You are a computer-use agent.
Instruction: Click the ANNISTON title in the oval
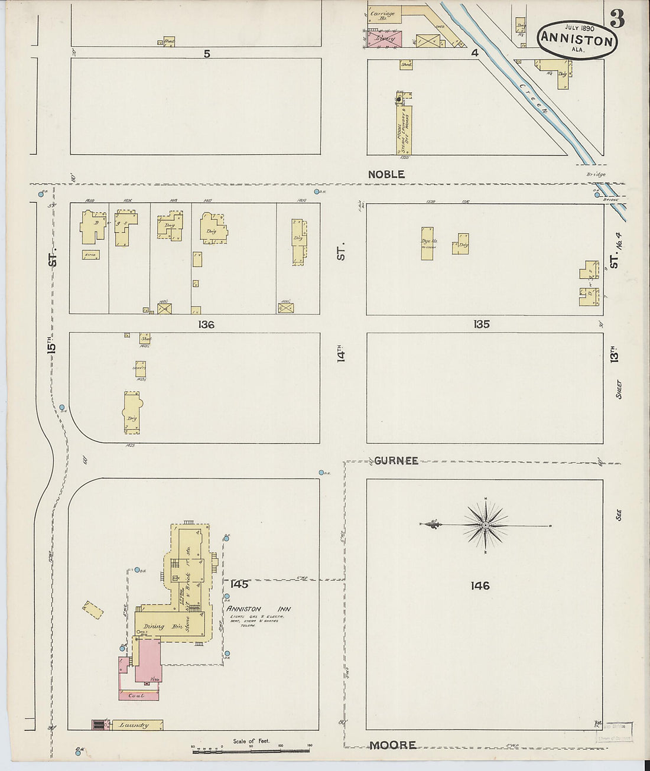click(577, 40)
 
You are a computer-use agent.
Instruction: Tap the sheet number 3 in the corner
click(617, 19)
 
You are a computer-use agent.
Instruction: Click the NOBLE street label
click(386, 174)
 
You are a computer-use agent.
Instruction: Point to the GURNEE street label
click(395, 460)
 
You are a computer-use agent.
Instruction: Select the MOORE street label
click(393, 745)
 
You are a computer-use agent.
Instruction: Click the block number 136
click(206, 324)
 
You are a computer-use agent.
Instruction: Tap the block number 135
click(481, 324)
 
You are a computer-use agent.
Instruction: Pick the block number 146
click(480, 585)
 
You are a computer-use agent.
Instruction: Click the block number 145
click(239, 584)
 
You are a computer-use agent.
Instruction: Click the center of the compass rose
click(485, 525)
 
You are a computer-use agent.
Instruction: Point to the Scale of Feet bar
click(251, 751)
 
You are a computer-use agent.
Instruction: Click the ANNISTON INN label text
click(259, 609)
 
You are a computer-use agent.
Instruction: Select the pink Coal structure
click(139, 695)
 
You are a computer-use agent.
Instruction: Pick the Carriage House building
click(383, 15)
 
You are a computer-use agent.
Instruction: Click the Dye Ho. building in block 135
click(427, 243)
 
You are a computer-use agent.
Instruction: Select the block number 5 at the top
click(207, 54)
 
